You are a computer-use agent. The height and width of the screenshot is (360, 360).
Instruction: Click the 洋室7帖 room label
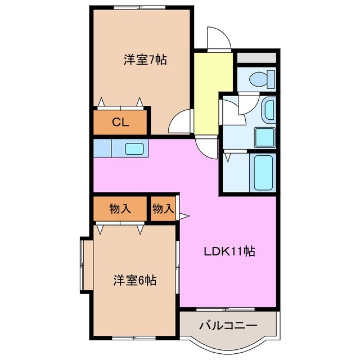pyautogui.click(x=145, y=60)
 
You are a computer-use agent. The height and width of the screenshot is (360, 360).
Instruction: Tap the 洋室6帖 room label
pyautogui.click(x=135, y=280)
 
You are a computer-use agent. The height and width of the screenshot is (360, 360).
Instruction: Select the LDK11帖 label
pyautogui.click(x=229, y=252)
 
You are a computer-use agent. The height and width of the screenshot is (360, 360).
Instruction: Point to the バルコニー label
pyautogui.click(x=228, y=326)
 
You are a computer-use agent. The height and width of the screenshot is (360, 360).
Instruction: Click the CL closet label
pyautogui.click(x=120, y=122)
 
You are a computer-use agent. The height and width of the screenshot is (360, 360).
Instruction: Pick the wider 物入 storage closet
pyautogui.click(x=120, y=209)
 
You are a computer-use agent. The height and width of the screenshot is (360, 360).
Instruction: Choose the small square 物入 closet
pyautogui.click(x=163, y=209)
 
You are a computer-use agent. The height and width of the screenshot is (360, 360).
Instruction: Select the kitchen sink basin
pyautogui.click(x=134, y=149)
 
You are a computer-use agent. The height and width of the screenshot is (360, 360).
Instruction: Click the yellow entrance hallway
pyautogui.click(x=213, y=93)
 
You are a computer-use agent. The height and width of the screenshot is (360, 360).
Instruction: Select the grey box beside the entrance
pyautogui.click(x=256, y=57)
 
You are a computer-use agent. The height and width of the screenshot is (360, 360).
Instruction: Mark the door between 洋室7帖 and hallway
pyautogui.click(x=180, y=121)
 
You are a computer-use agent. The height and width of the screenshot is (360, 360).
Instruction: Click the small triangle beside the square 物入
pyautogui.click(x=184, y=215)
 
